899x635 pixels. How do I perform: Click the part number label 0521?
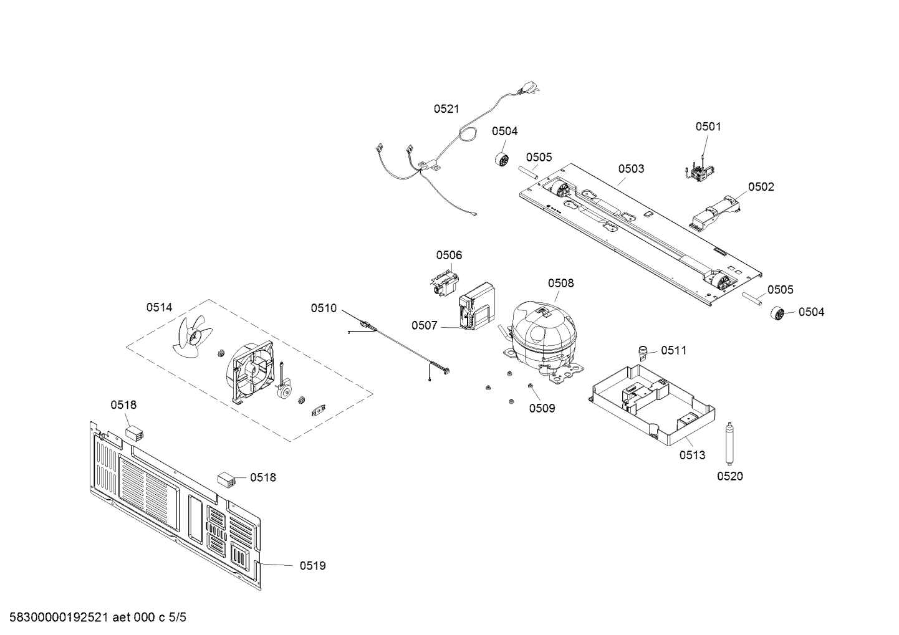[x=446, y=108]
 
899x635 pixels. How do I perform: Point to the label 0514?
[x=160, y=307]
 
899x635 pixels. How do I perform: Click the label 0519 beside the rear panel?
[x=312, y=566]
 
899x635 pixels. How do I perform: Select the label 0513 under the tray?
[x=692, y=455]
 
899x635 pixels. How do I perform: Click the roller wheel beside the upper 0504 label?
[x=501, y=158]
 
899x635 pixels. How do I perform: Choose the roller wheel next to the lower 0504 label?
[x=777, y=313]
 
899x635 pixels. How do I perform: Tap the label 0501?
[x=708, y=127]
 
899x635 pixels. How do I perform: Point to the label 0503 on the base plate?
[x=631, y=168]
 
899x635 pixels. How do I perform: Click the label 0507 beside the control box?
[x=424, y=325]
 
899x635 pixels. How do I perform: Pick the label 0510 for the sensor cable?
[x=324, y=308]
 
